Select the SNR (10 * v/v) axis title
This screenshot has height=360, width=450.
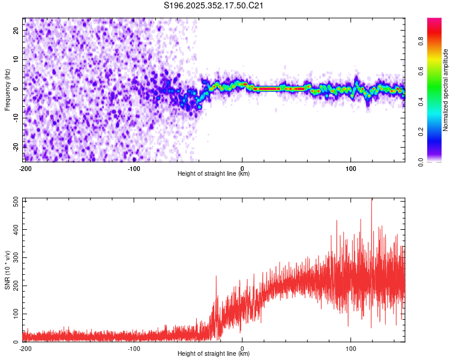point(7,270)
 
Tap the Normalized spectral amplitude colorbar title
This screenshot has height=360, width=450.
point(446,90)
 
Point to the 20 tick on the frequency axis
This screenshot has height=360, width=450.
point(16,31)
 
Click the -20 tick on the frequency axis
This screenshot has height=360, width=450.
point(14,146)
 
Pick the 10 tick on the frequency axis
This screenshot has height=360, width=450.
point(16,59)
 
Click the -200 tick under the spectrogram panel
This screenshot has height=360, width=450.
point(25,168)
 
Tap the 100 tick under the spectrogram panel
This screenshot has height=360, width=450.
point(351,168)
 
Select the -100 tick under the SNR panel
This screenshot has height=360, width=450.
point(133,348)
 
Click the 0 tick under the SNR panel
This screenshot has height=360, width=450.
point(242,348)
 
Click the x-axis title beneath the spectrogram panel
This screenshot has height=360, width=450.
point(214,174)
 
